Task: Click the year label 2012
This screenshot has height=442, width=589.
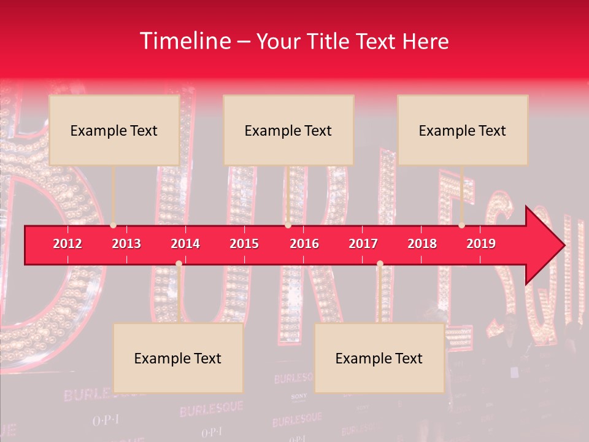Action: (x=67, y=244)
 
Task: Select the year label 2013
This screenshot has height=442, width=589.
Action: (x=126, y=244)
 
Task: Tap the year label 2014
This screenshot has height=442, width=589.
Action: (x=185, y=244)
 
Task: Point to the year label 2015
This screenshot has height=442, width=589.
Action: (x=244, y=244)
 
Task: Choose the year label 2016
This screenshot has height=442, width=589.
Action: (x=304, y=244)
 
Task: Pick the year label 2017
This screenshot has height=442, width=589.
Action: (x=363, y=244)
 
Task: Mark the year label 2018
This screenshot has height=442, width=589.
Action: (x=422, y=244)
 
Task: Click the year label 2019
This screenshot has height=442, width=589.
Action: (x=481, y=244)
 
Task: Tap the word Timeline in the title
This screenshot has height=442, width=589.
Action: (x=185, y=41)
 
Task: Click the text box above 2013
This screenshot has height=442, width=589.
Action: (x=114, y=130)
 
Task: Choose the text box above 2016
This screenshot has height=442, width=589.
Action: (x=288, y=130)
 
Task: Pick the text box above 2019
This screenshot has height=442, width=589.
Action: (x=463, y=130)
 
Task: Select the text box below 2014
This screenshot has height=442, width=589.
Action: (x=178, y=359)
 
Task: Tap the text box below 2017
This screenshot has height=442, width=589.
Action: (x=379, y=359)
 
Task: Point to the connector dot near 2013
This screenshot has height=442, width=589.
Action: (x=114, y=225)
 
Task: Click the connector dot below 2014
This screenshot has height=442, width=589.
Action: (x=179, y=264)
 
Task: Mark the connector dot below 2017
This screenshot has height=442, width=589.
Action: (x=380, y=264)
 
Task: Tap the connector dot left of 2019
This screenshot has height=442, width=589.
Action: (x=462, y=225)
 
